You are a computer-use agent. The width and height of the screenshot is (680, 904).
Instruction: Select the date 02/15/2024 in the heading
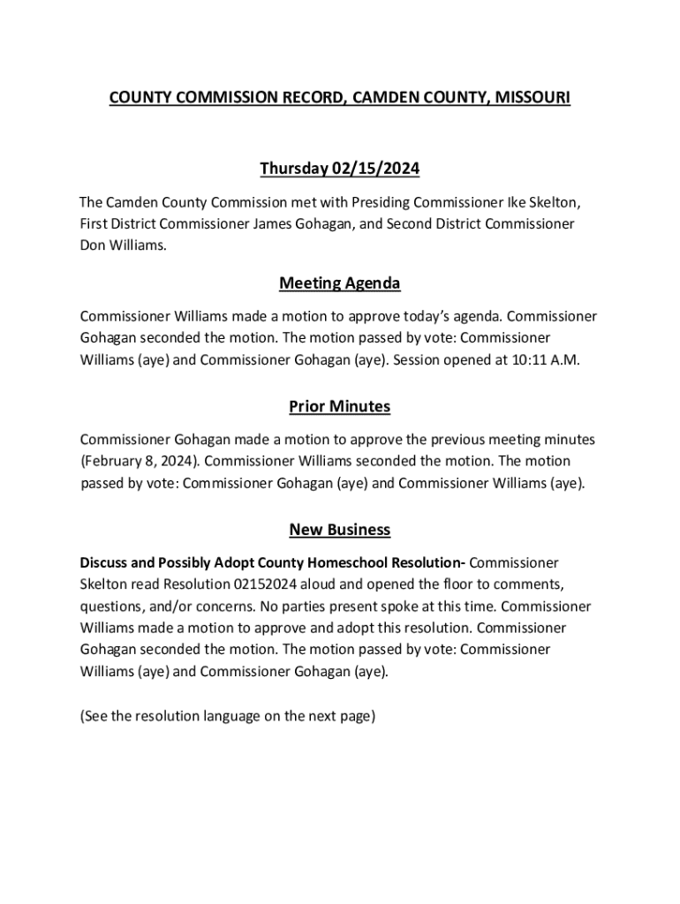(375, 169)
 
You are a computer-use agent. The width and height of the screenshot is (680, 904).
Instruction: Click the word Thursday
(294, 169)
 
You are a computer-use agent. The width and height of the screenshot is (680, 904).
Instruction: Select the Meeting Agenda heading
(340, 283)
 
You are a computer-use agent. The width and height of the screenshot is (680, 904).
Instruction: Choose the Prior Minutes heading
(340, 407)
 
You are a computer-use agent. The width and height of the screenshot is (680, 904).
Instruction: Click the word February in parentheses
(113, 461)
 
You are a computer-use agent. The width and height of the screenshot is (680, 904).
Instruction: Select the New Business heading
(340, 530)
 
